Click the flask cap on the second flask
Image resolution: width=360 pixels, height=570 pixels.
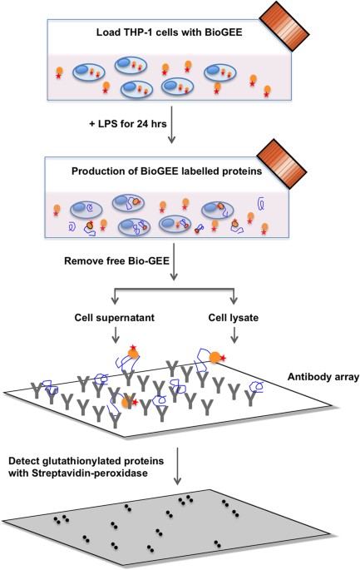[x=282, y=164]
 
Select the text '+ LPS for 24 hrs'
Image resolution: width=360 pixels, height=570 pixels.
[x=128, y=124]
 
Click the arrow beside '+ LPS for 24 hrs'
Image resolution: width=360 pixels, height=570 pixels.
[x=171, y=125]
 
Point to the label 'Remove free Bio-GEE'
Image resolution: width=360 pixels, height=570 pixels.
[x=116, y=261]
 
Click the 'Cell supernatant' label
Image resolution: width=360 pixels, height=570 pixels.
[x=115, y=318]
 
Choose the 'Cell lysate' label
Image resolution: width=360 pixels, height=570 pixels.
[x=234, y=318]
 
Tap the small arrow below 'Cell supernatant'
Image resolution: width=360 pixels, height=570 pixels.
[x=116, y=335]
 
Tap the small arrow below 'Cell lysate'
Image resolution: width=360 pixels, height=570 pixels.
[x=234, y=335]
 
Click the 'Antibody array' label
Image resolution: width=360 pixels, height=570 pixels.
[x=323, y=377]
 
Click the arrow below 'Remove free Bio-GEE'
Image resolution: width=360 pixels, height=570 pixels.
[x=174, y=262]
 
